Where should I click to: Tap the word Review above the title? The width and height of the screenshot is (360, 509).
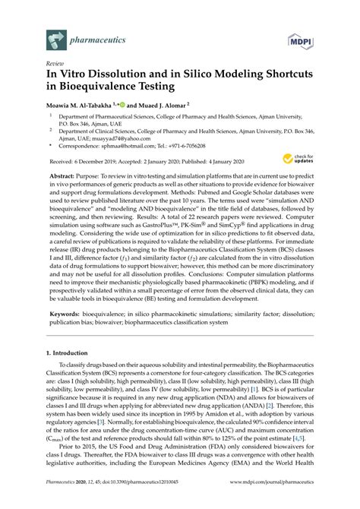pos(55,65)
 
